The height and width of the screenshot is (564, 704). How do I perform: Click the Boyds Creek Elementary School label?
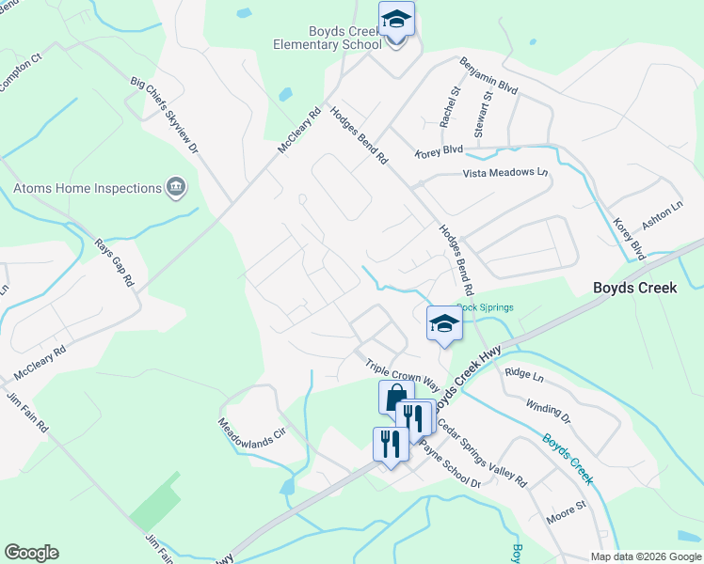click(328, 36)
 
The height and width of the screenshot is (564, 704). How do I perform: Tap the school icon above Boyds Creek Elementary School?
click(396, 20)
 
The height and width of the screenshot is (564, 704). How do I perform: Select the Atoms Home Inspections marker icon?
click(175, 188)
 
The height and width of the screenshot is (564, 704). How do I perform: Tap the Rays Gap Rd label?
click(116, 262)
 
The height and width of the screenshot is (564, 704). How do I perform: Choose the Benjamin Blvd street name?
click(489, 77)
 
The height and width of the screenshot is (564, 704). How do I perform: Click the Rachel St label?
click(449, 108)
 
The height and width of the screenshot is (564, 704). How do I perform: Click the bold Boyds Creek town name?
click(634, 288)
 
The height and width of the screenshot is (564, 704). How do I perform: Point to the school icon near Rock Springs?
click(444, 324)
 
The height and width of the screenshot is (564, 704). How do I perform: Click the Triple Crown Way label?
click(403, 373)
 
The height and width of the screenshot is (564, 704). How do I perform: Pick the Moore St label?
click(567, 510)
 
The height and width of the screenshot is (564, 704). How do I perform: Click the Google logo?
click(31, 553)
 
